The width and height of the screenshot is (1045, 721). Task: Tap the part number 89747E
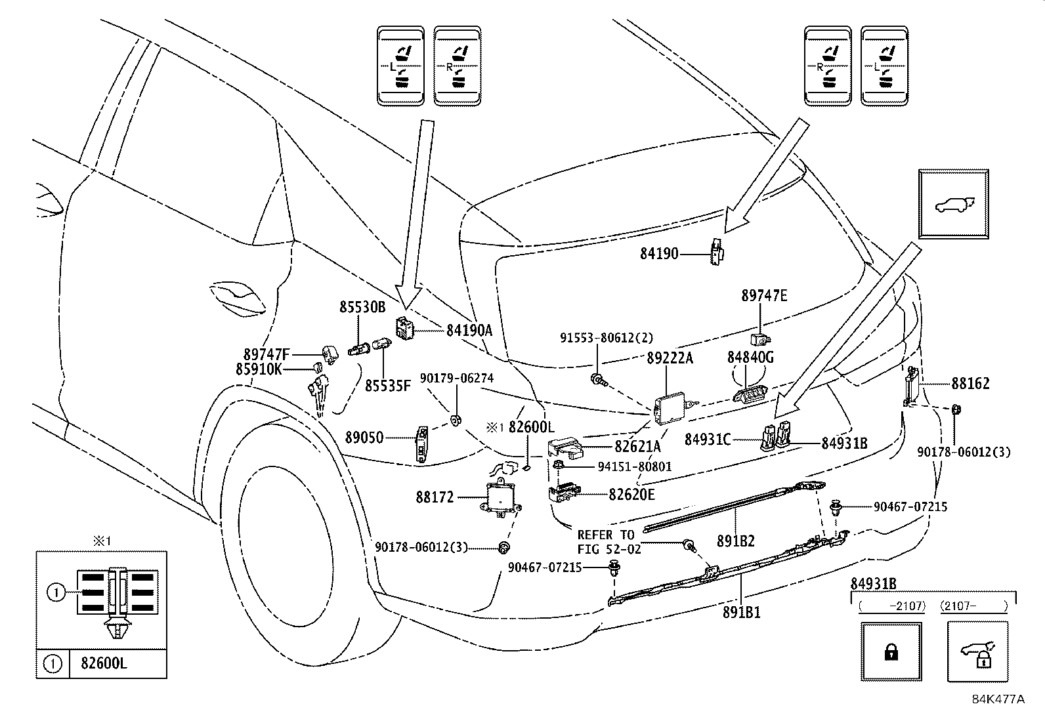coord(764,296)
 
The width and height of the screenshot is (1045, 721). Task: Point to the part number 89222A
coord(670,358)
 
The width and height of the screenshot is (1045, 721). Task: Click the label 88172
coord(435,497)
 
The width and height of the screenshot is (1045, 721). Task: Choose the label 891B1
coord(739,612)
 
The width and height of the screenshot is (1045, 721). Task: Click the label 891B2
coord(735,541)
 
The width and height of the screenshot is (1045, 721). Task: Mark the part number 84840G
coord(750,358)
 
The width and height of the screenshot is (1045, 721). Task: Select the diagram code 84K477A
coord(998,699)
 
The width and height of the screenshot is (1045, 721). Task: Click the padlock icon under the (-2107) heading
coord(891,651)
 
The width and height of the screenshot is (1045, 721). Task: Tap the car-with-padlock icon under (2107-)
coord(977,653)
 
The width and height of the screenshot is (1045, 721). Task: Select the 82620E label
coord(631,495)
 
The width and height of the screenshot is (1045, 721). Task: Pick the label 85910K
coord(259,369)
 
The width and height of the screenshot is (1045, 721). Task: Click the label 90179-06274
coord(457,378)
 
